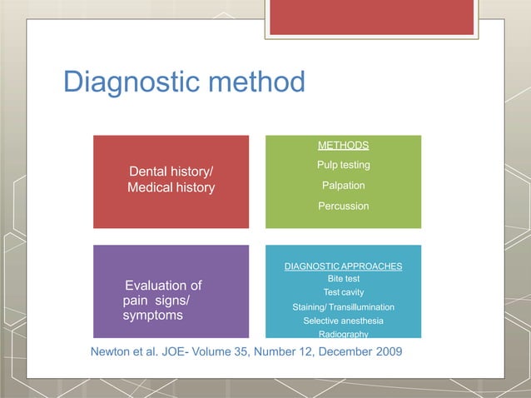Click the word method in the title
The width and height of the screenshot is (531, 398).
pyautogui.click(x=254, y=82)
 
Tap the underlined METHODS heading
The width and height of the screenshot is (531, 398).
pyautogui.click(x=343, y=146)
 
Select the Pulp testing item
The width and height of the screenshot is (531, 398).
pyautogui.click(x=343, y=166)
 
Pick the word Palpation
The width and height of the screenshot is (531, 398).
pyautogui.click(x=343, y=185)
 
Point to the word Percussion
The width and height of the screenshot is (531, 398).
pyautogui.click(x=343, y=206)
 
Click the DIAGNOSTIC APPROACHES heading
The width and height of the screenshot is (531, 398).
pyautogui.click(x=343, y=266)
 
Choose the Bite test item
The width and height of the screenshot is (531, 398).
pyautogui.click(x=343, y=279)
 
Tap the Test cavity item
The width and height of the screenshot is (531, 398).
pyautogui.click(x=343, y=292)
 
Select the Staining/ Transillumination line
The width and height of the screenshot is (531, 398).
pyautogui.click(x=343, y=307)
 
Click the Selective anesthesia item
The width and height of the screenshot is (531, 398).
pyautogui.click(x=343, y=321)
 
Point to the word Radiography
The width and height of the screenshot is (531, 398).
pyautogui.click(x=343, y=333)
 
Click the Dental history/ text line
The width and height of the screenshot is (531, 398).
pyautogui.click(x=171, y=172)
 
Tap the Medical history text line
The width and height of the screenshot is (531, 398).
pyautogui.click(x=171, y=188)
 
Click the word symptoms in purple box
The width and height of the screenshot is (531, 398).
pyautogui.click(x=153, y=316)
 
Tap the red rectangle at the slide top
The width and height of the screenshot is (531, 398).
pyautogui.click(x=371, y=17)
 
